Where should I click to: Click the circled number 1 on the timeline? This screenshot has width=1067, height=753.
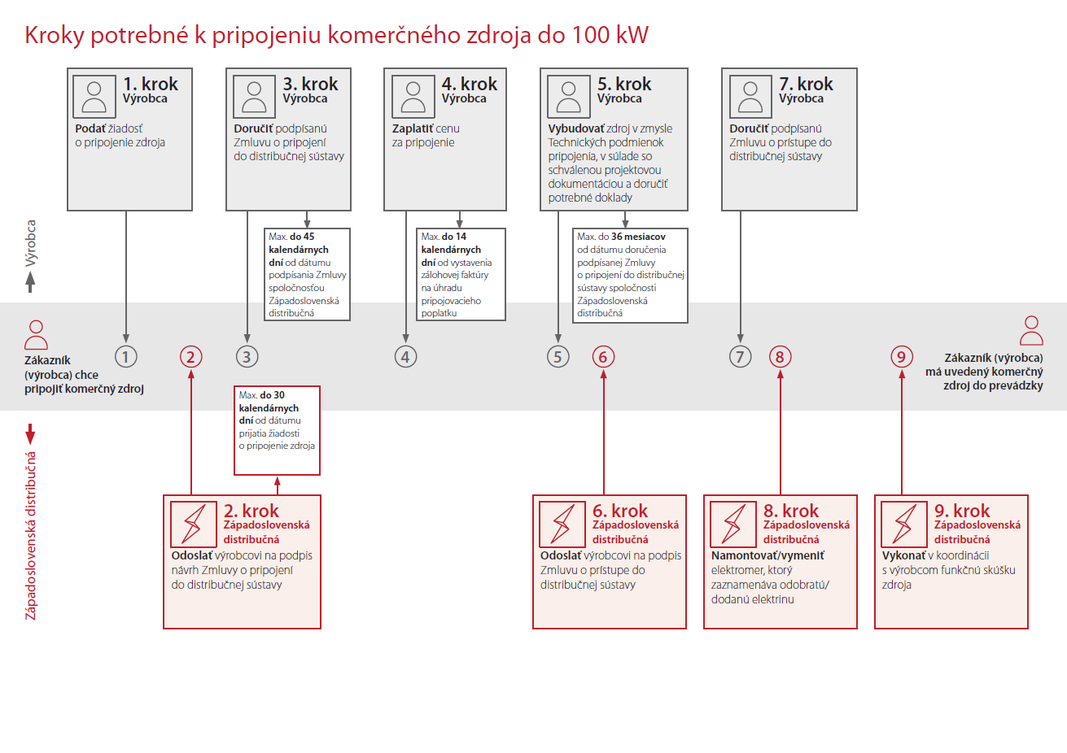coord(126,356)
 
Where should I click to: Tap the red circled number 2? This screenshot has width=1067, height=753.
coord(191,356)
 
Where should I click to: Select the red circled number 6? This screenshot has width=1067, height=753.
coord(603,356)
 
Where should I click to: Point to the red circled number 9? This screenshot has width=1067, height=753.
coord(901,356)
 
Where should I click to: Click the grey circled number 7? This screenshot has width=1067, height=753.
coord(740,356)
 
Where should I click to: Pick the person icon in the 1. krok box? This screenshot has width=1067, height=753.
coord(94,97)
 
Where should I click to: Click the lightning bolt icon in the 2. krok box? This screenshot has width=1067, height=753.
coord(194,524)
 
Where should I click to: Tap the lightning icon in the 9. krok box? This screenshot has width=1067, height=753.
coord(904,524)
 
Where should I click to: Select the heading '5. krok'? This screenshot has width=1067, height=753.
coord(624,84)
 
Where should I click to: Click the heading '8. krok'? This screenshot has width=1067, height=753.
coord(791,511)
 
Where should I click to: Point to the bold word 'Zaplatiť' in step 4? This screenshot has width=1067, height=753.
coord(413,128)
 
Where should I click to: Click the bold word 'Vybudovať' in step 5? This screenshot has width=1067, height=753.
coord(575,128)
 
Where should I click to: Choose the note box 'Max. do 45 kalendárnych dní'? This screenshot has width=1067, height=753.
coord(307,275)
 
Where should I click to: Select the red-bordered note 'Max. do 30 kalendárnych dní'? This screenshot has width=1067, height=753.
coord(277,430)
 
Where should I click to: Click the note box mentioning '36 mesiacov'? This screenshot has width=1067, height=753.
coord(630,275)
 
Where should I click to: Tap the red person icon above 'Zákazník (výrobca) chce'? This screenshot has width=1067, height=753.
coord(36,335)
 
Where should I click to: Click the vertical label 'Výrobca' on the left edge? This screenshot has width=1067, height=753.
coord(31,243)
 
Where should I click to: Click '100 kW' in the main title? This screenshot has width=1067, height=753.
coord(610,35)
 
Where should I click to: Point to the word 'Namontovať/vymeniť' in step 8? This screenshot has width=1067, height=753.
coord(767,555)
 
